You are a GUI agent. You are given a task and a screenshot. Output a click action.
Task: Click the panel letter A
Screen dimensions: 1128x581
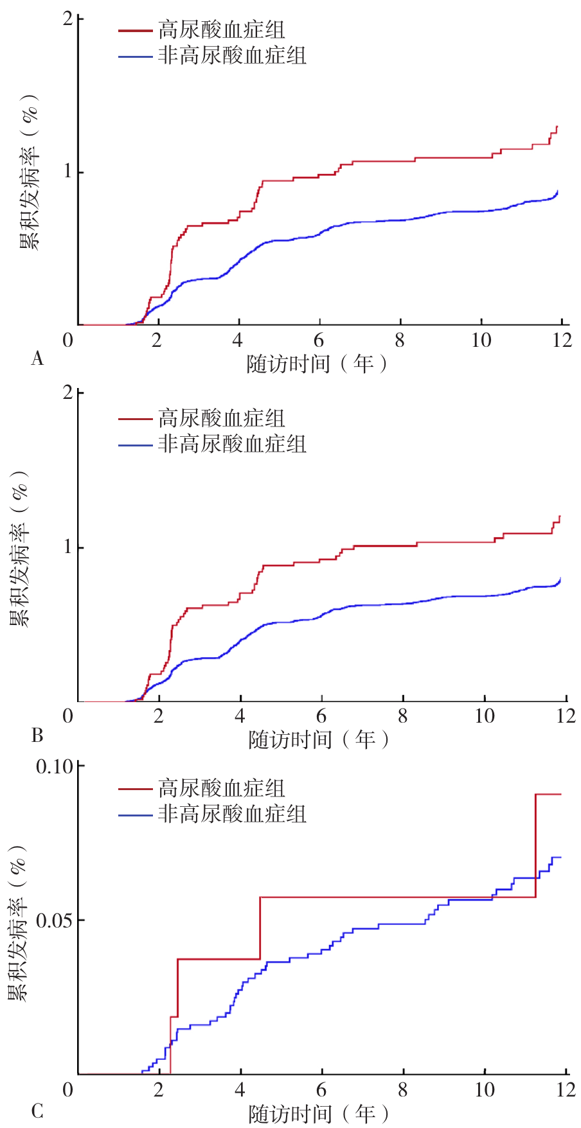pos(37,358)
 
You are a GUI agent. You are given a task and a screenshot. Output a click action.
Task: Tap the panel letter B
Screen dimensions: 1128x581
pos(37,734)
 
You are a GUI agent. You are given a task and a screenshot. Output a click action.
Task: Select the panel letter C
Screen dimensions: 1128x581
pos(37,1111)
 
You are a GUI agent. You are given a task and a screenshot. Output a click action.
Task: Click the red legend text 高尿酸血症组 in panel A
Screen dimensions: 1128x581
pos(222,30)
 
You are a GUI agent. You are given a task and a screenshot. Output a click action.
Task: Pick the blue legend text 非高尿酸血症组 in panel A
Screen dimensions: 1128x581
pos(232,56)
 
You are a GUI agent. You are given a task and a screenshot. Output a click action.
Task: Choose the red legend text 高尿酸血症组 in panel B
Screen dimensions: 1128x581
pos(222,419)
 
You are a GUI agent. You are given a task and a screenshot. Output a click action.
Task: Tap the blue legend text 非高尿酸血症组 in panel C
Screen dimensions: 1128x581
pos(232,814)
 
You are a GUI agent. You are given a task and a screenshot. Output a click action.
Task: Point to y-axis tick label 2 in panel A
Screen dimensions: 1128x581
pos(67,19)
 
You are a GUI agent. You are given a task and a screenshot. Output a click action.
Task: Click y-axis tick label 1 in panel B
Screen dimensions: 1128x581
pos(67,547)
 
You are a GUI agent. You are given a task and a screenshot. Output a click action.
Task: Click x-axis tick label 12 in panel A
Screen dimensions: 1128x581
pos(562,340)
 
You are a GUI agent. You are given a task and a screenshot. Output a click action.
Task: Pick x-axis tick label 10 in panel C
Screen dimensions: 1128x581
pos(485,1089)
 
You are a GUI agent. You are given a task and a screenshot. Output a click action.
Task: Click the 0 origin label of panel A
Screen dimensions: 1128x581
pos(67,340)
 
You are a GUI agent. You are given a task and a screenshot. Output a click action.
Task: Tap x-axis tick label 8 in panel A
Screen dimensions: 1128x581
pos(400,340)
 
